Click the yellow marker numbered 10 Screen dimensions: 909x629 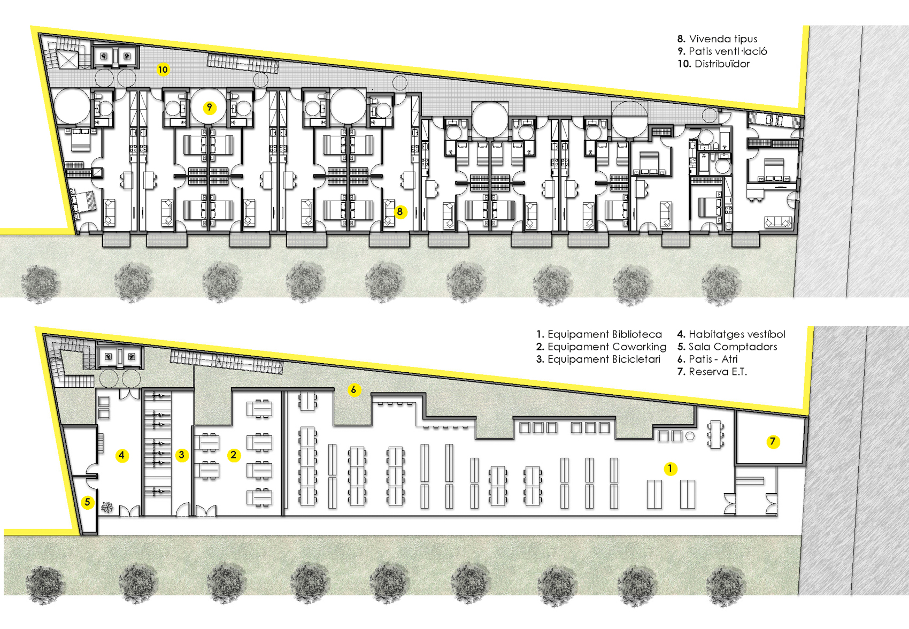pyautogui.click(x=163, y=70)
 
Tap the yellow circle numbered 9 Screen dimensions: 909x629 pyautogui.click(x=210, y=108)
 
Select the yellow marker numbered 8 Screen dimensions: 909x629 pyautogui.click(x=400, y=212)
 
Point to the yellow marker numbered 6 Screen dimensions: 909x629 pyautogui.click(x=354, y=390)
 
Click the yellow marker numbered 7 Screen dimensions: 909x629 pyautogui.click(x=773, y=441)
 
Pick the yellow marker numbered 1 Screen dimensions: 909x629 pyautogui.click(x=670, y=469)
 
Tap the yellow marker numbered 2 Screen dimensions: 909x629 pyautogui.click(x=233, y=455)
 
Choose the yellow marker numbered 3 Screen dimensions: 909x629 pyautogui.click(x=181, y=455)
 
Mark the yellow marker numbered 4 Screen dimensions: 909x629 pyautogui.click(x=121, y=455)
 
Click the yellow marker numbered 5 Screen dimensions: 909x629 pyautogui.click(x=87, y=502)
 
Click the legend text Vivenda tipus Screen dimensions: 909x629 pyautogui.click(x=723, y=39)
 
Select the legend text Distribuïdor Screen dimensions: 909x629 pyautogui.click(x=722, y=64)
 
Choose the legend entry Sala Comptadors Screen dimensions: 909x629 pyautogui.click(x=733, y=347)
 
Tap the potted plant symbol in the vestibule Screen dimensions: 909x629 pyautogui.click(x=107, y=507)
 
